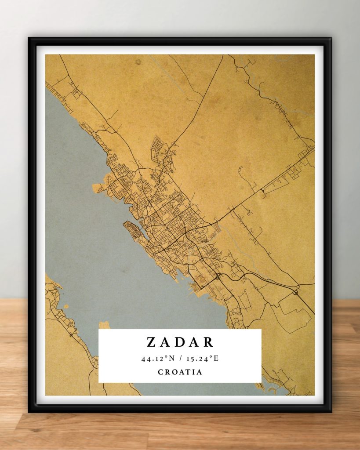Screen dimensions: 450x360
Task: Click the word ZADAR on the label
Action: (180, 342)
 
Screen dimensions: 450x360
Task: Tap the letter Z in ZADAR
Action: (150, 342)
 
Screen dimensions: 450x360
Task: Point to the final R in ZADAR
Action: (209, 342)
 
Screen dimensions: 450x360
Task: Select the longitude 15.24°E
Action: (202, 358)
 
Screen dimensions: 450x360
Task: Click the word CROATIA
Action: (180, 372)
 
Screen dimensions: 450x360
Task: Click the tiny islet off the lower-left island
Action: (66, 306)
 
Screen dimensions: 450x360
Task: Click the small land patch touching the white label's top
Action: (104, 325)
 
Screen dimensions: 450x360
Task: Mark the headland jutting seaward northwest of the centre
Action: (100, 184)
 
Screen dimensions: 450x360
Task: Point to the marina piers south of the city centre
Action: (193, 286)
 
